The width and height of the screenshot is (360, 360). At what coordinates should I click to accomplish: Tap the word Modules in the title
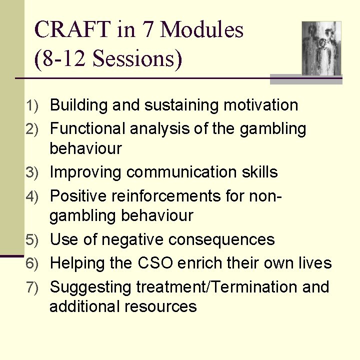tap(202, 30)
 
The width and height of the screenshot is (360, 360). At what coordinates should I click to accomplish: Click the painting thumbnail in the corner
tap(321, 48)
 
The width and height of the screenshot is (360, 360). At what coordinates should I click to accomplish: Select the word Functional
tap(88, 129)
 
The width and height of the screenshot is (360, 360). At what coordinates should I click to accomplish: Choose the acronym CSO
tap(155, 263)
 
